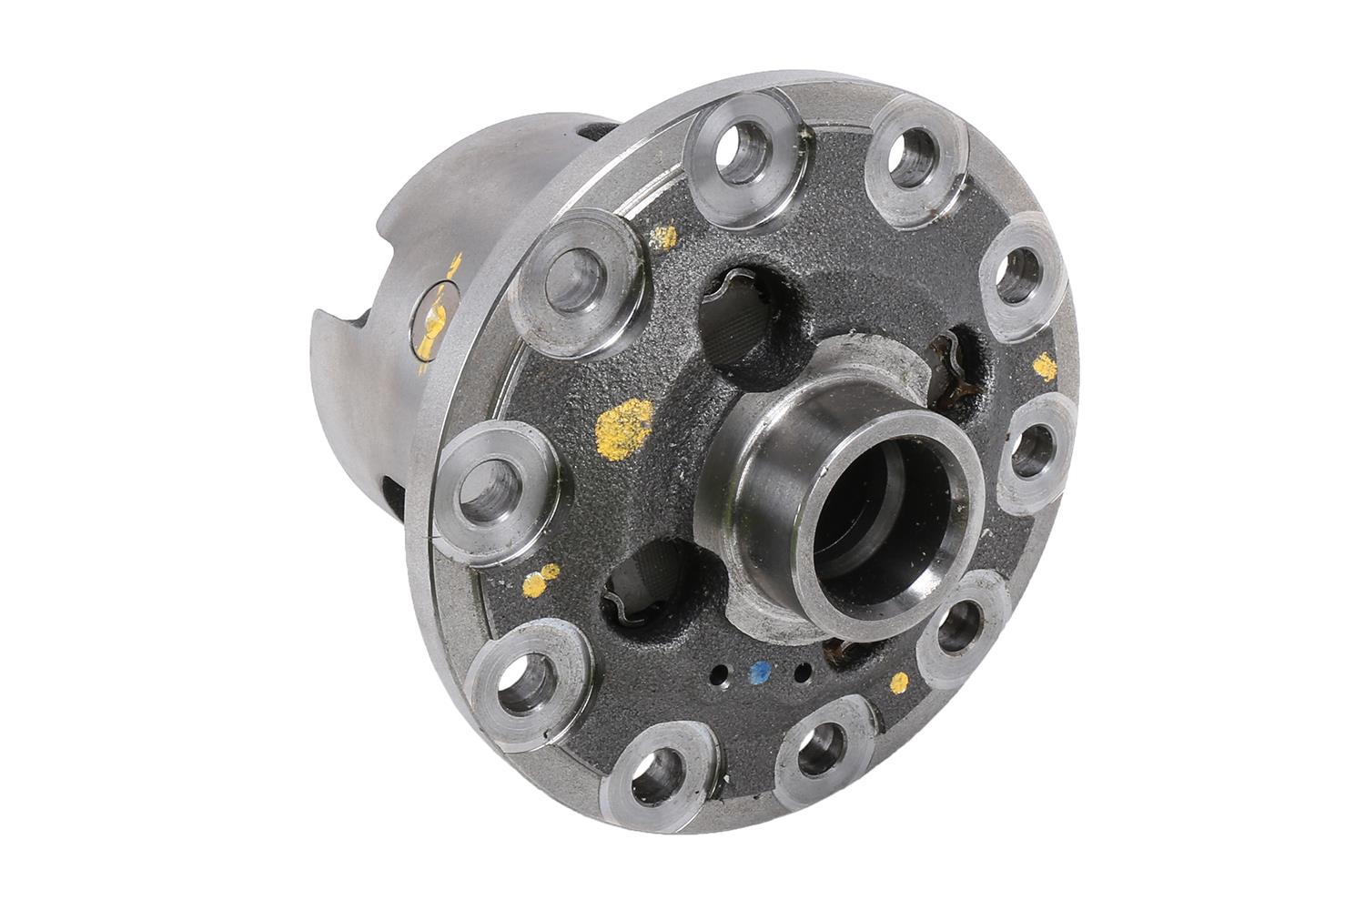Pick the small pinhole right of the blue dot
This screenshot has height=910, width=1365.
tap(802, 674)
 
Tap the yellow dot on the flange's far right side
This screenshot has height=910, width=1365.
tap(1045, 366)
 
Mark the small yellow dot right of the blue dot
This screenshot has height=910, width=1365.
tap(901, 680)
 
